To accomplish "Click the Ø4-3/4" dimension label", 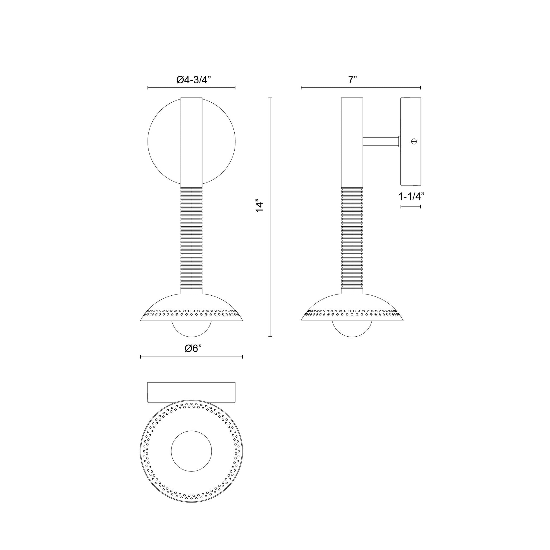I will (x=193, y=80).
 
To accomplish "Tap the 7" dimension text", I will (x=352, y=80).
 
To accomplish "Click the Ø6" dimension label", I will (x=193, y=348).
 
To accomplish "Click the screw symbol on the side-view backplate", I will (x=415, y=141).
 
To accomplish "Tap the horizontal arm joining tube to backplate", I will (x=381, y=142).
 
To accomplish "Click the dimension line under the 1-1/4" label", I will (x=411, y=207).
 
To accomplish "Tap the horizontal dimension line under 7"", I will (x=361, y=88).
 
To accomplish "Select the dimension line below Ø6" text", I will (x=191, y=357).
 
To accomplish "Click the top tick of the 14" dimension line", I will (x=270, y=98).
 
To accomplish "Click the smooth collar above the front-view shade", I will (x=192, y=290).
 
